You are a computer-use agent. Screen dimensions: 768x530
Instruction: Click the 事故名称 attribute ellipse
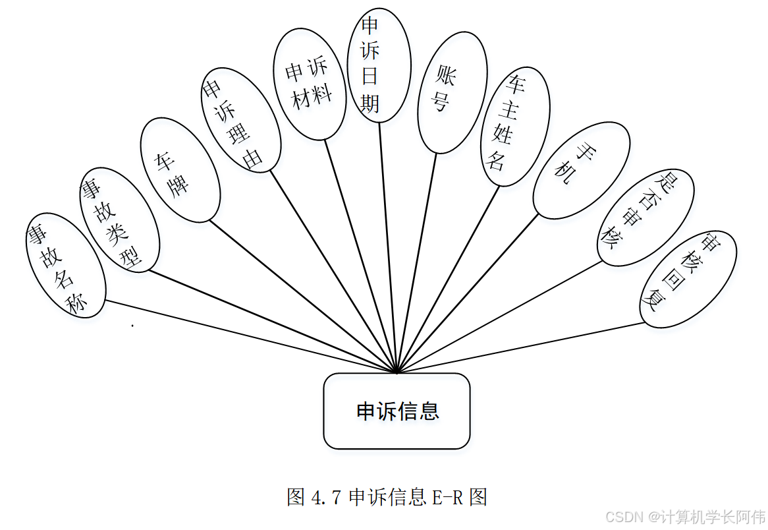click(x=65, y=266)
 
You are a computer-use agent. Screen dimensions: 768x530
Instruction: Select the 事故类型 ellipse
click(x=119, y=220)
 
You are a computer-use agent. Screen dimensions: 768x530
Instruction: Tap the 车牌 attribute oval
click(x=179, y=169)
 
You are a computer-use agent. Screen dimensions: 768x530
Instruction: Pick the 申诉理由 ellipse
click(x=240, y=120)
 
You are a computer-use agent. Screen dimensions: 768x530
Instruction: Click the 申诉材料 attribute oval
click(x=310, y=84)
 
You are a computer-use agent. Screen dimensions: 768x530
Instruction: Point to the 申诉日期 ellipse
click(x=379, y=65)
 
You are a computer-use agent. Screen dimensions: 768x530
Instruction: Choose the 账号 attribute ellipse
click(x=452, y=92)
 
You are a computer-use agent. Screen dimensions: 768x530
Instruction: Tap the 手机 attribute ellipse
click(x=580, y=170)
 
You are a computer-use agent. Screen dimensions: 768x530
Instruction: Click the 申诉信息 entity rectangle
click(x=397, y=411)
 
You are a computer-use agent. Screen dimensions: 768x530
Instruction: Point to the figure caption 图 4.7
click(x=387, y=496)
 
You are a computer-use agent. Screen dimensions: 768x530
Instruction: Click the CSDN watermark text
click(x=685, y=516)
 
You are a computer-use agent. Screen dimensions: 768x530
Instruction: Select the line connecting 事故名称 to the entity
click(x=250, y=337)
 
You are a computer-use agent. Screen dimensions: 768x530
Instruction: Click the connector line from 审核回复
click(x=520, y=347)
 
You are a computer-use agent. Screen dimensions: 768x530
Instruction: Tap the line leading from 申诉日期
click(x=388, y=247)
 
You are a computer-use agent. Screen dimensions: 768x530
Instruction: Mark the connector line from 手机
click(x=468, y=294)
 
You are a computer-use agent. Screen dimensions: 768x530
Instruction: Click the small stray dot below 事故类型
click(x=132, y=325)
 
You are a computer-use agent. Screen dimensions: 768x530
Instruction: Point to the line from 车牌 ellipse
click(x=303, y=297)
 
